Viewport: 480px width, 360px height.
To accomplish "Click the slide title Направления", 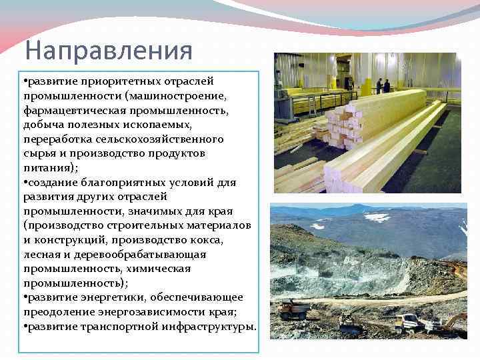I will click(x=108, y=51).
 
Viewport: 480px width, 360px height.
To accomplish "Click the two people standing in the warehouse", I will click(x=382, y=85).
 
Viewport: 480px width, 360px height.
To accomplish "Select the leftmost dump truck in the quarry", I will click(x=294, y=309).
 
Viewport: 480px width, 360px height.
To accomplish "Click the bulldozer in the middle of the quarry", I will click(x=351, y=323).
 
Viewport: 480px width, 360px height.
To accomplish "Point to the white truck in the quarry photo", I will click(x=407, y=323).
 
